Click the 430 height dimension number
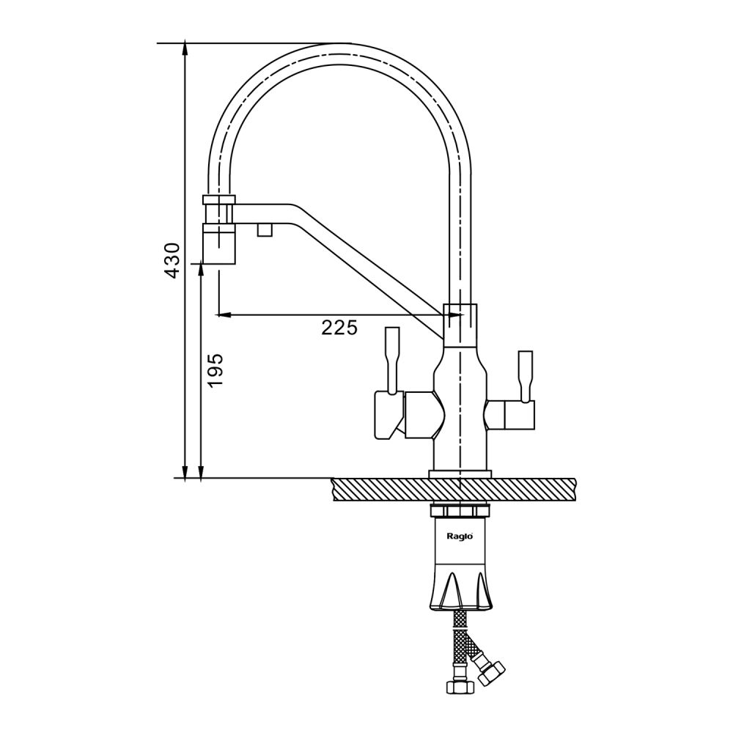pos(172,261)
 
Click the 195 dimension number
pos(216,370)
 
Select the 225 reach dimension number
pos(339,328)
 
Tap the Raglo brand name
pos(460,537)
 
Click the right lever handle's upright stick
pos(525,376)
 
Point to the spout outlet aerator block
pos(218,243)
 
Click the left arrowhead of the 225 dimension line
pos(224,314)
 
